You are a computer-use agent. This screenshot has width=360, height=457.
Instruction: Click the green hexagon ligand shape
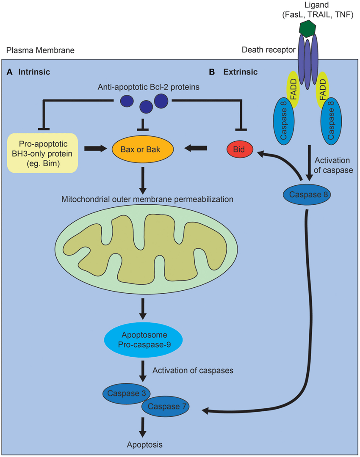coord(308,28)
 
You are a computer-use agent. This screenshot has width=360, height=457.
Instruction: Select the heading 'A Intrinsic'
coord(29,72)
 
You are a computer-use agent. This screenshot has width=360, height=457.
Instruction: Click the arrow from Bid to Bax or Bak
coord(197,148)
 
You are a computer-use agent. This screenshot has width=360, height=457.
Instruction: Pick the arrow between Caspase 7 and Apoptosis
coord(144,427)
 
